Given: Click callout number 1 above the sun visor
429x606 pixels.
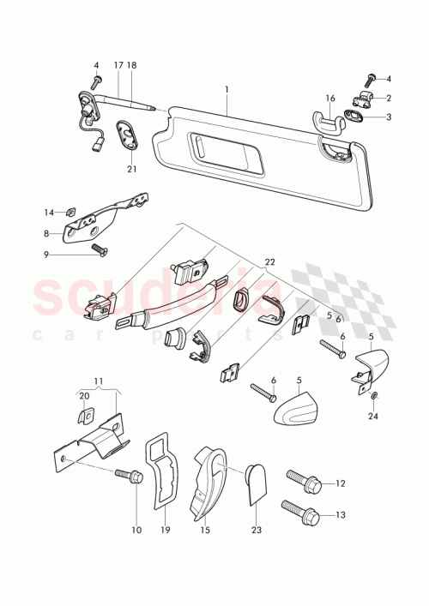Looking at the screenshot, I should [x=227, y=90].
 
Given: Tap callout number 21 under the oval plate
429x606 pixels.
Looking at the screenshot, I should [x=131, y=170].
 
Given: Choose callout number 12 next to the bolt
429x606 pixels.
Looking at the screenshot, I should [x=341, y=483].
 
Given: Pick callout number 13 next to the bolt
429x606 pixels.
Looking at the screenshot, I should [x=341, y=515].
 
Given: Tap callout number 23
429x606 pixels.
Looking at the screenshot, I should [x=257, y=531].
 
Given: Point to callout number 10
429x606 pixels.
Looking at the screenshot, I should [x=136, y=531].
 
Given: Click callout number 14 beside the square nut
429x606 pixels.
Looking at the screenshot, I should [x=49, y=211].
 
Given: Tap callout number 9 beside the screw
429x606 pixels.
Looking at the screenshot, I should [x=48, y=255].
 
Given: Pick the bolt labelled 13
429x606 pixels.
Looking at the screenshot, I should [x=301, y=513].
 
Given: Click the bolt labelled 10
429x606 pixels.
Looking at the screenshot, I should [x=132, y=474].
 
